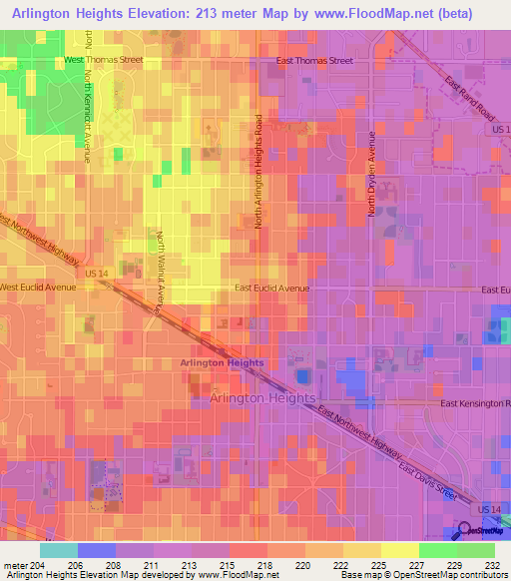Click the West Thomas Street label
coord(104,60)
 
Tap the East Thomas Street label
coord(314,60)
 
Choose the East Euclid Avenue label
coord(272,288)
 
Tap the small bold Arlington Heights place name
coord(222,362)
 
